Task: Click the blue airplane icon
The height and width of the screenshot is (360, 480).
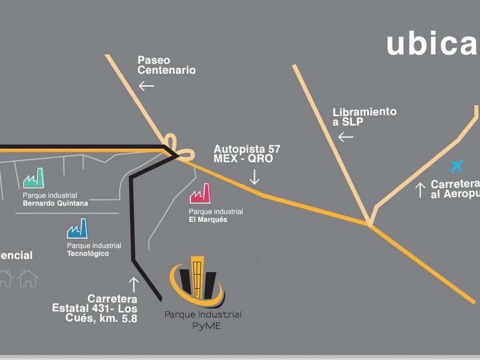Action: [x=457, y=166]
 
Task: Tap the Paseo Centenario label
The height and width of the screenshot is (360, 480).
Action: [x=166, y=65]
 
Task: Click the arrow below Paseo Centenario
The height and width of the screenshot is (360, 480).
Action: [x=146, y=86]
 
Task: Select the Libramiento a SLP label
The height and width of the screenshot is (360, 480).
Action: [x=365, y=117]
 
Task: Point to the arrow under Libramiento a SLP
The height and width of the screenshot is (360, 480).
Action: [x=345, y=137]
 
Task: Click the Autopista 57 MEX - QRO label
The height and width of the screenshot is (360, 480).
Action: [x=247, y=154]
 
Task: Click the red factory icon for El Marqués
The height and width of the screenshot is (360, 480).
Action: [x=201, y=193]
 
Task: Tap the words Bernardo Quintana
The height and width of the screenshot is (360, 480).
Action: [x=55, y=203]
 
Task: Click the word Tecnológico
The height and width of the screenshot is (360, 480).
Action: [x=87, y=253]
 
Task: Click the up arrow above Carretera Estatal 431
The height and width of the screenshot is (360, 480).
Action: [x=134, y=284]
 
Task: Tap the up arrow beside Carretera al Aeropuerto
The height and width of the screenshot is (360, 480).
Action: [x=420, y=190]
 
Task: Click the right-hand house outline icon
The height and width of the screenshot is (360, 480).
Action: [x=27, y=278]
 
